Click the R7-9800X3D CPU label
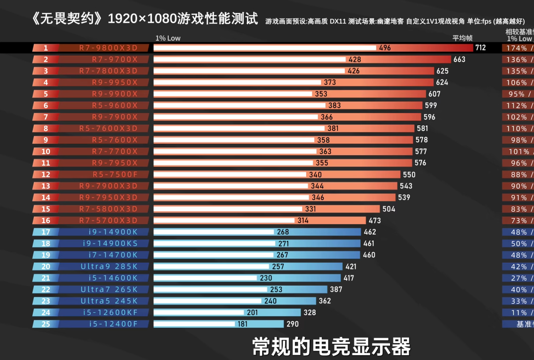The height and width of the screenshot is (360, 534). pos(115,48)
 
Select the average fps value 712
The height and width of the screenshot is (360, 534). pos(480,48)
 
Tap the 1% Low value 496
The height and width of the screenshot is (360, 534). pos(385,48)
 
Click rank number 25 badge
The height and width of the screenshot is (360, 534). pos(46,324)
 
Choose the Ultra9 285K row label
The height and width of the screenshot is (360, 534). pos(109,267)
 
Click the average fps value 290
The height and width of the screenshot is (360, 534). pos(292,324)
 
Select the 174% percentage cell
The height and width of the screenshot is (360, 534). pos(516,48)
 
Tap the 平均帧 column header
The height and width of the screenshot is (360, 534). pos(462,38)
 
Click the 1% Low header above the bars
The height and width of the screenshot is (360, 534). pos(168,38)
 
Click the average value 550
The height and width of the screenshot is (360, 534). pos(409,175)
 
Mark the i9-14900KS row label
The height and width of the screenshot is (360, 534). pos(110,243)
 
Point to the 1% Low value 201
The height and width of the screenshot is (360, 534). pos(253,313)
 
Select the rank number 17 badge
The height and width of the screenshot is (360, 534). pos(46,232)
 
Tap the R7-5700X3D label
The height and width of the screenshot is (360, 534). pos(115,221)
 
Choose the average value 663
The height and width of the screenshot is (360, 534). pos(459,60)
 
